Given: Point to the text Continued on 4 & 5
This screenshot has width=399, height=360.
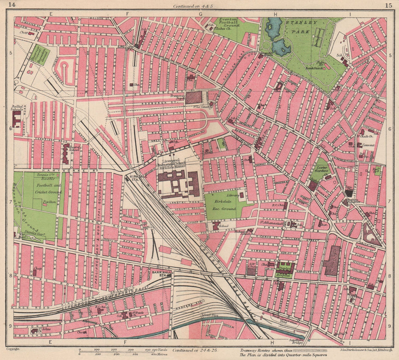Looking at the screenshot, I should [194, 6].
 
